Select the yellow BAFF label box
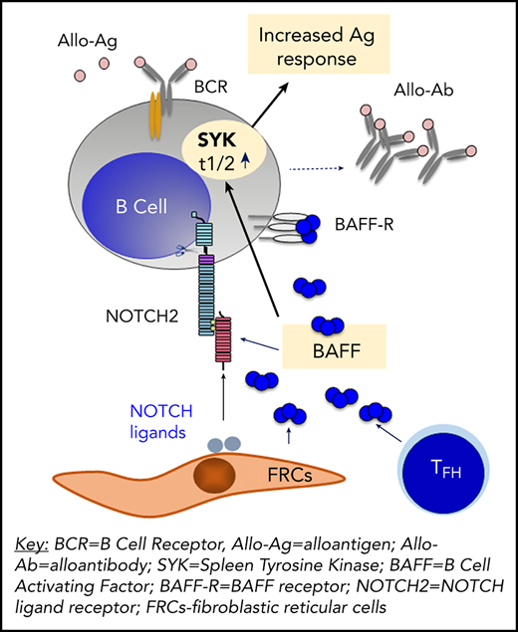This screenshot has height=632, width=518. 330,348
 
